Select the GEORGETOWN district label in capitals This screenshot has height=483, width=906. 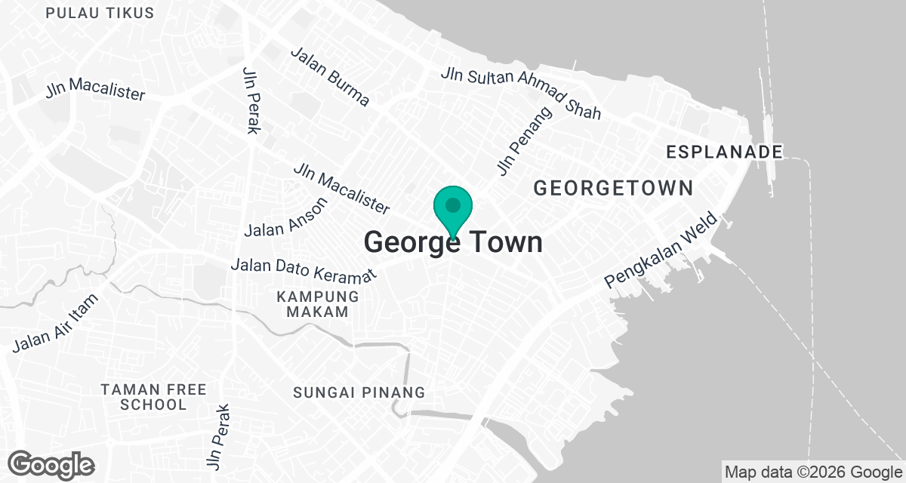(x=613, y=188)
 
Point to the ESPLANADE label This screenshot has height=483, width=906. (x=724, y=152)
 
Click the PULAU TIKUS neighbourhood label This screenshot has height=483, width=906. (x=100, y=14)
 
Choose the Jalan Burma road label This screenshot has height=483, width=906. (x=330, y=77)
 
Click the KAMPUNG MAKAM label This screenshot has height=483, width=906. (x=312, y=303)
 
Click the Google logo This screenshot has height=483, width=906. (x=52, y=464)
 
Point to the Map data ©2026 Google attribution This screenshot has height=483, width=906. (x=812, y=472)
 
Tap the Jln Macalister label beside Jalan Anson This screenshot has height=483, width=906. (x=342, y=188)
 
